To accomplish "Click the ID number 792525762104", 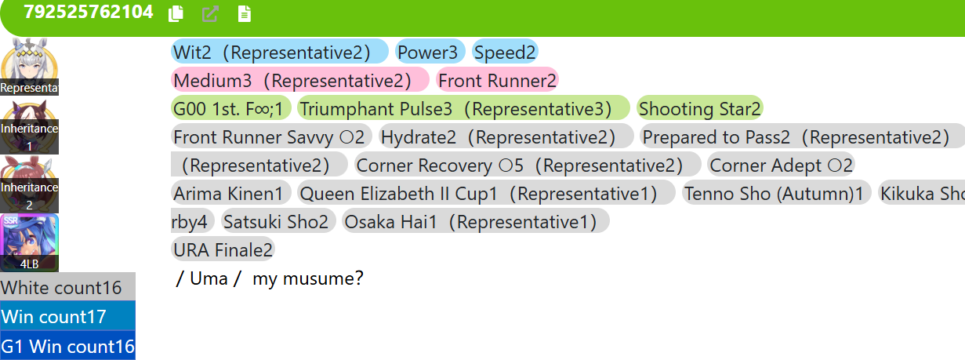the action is point(89,12).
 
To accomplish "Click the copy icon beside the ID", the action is point(176,13).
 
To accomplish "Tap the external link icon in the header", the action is point(210,13).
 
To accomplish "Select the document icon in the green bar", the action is point(245,13).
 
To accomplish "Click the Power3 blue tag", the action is point(430,52).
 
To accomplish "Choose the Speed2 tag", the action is point(505,52).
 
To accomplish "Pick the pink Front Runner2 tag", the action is point(498,80).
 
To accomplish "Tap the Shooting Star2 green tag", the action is point(699,109).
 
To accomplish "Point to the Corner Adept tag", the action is point(781,165).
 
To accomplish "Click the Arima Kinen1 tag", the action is point(230,194).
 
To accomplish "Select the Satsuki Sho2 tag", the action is point(278,222).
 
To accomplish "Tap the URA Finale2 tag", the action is point(223,250).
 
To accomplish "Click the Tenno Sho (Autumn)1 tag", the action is point(776,194).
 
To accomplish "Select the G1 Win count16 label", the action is point(67,346).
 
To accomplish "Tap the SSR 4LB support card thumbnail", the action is point(29,242).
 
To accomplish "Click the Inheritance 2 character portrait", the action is point(29,184).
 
